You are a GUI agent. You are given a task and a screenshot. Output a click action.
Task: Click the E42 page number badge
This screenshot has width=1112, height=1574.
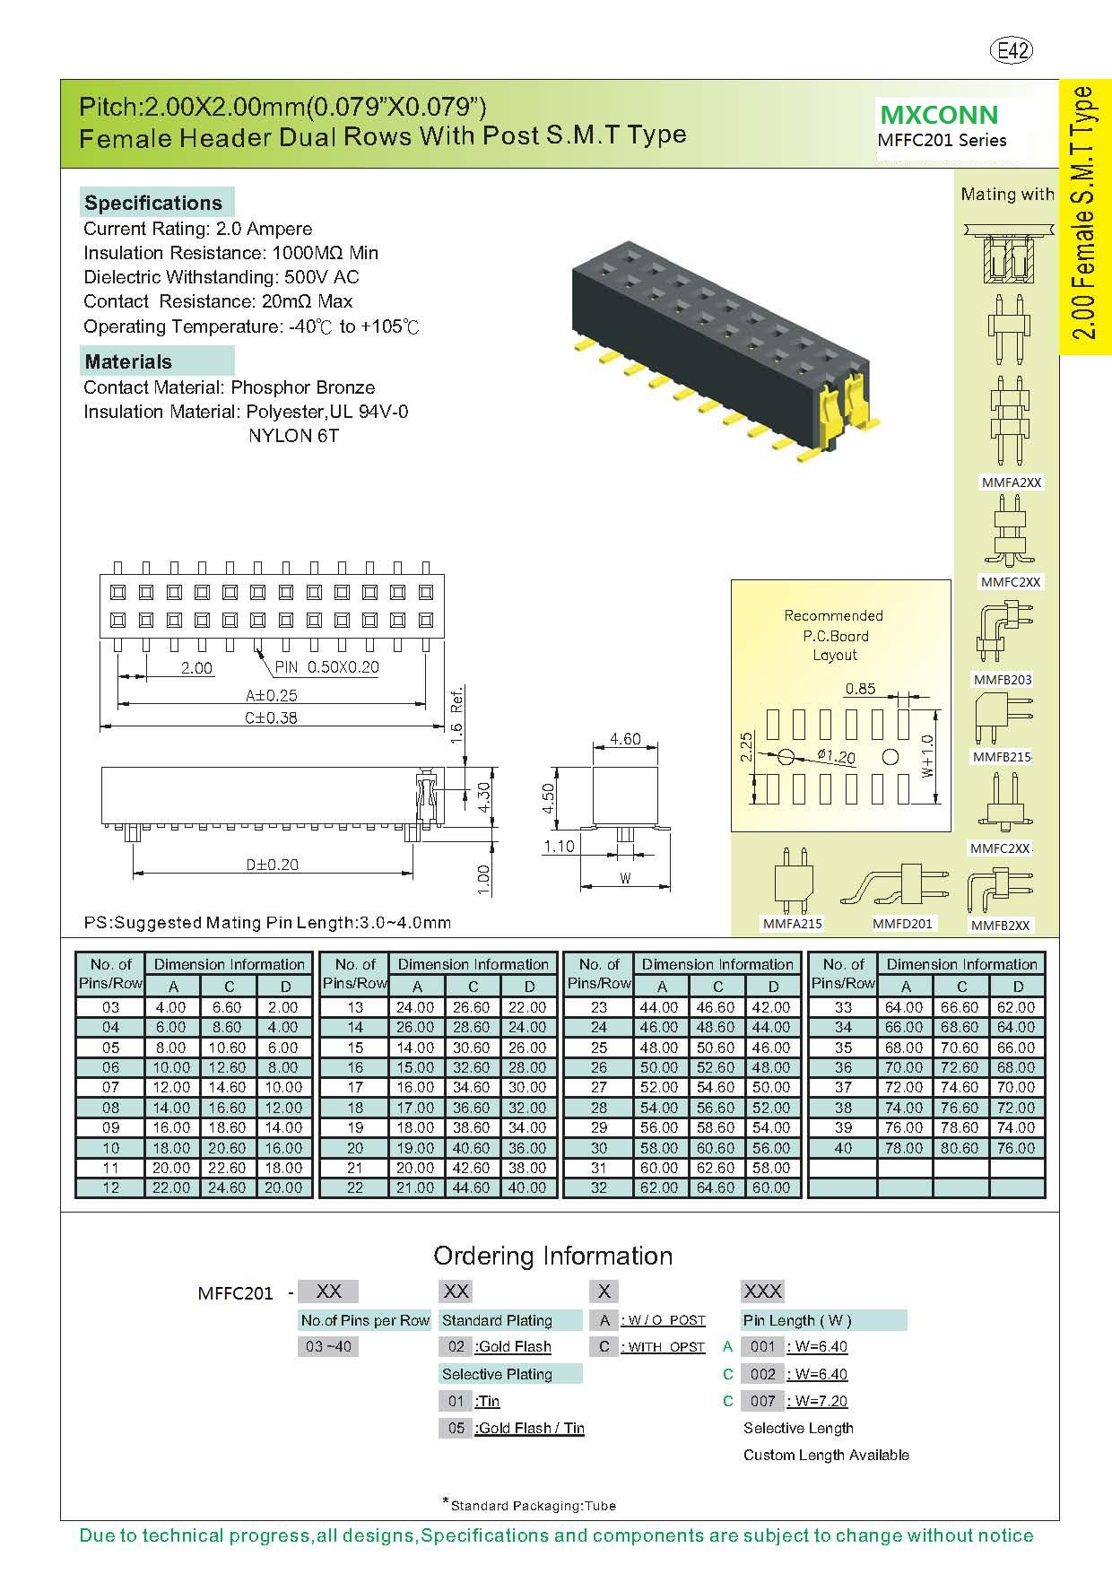pyautogui.click(x=1012, y=51)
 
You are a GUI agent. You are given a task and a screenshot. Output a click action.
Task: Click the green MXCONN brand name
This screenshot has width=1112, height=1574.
pyautogui.click(x=939, y=115)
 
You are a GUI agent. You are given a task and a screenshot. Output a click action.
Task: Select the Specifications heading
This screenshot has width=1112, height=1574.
pyautogui.click(x=152, y=203)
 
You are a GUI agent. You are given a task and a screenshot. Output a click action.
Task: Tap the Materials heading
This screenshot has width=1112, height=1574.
pyautogui.click(x=128, y=362)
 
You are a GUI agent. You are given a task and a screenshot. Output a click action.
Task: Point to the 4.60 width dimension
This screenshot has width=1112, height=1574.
pyautogui.click(x=625, y=739)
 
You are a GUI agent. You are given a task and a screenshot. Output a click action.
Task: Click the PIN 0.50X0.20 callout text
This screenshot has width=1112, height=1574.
pyautogui.click(x=326, y=667)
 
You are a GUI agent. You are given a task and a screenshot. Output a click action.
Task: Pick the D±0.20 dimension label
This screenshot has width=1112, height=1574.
pyautogui.click(x=273, y=865)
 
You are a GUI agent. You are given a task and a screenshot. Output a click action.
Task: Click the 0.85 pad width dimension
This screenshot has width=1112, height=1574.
pyautogui.click(x=861, y=689)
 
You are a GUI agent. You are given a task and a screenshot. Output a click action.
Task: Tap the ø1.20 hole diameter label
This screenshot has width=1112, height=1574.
pyautogui.click(x=836, y=756)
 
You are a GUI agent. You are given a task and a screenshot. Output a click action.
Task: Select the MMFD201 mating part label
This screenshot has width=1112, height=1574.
pyautogui.click(x=902, y=923)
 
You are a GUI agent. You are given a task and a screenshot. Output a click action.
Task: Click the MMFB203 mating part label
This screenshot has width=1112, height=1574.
pyautogui.click(x=1002, y=679)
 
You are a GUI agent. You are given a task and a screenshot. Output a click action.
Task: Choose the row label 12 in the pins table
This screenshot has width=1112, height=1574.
pyautogui.click(x=110, y=1187)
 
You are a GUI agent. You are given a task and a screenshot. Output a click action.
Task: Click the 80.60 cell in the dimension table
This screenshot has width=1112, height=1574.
pyautogui.click(x=960, y=1147)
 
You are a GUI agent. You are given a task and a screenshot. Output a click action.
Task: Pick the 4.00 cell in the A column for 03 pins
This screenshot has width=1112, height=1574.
pyautogui.click(x=171, y=1007)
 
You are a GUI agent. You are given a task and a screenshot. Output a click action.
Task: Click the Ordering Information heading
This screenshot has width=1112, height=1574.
pyautogui.click(x=552, y=1256)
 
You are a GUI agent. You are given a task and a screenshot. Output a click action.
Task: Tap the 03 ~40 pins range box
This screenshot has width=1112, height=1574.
pyautogui.click(x=328, y=1346)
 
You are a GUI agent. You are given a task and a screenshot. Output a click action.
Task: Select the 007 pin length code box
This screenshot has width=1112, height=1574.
pyautogui.click(x=763, y=1401)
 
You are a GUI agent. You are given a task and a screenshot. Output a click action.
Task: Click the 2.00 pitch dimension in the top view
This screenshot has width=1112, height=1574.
pyautogui.click(x=196, y=668)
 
